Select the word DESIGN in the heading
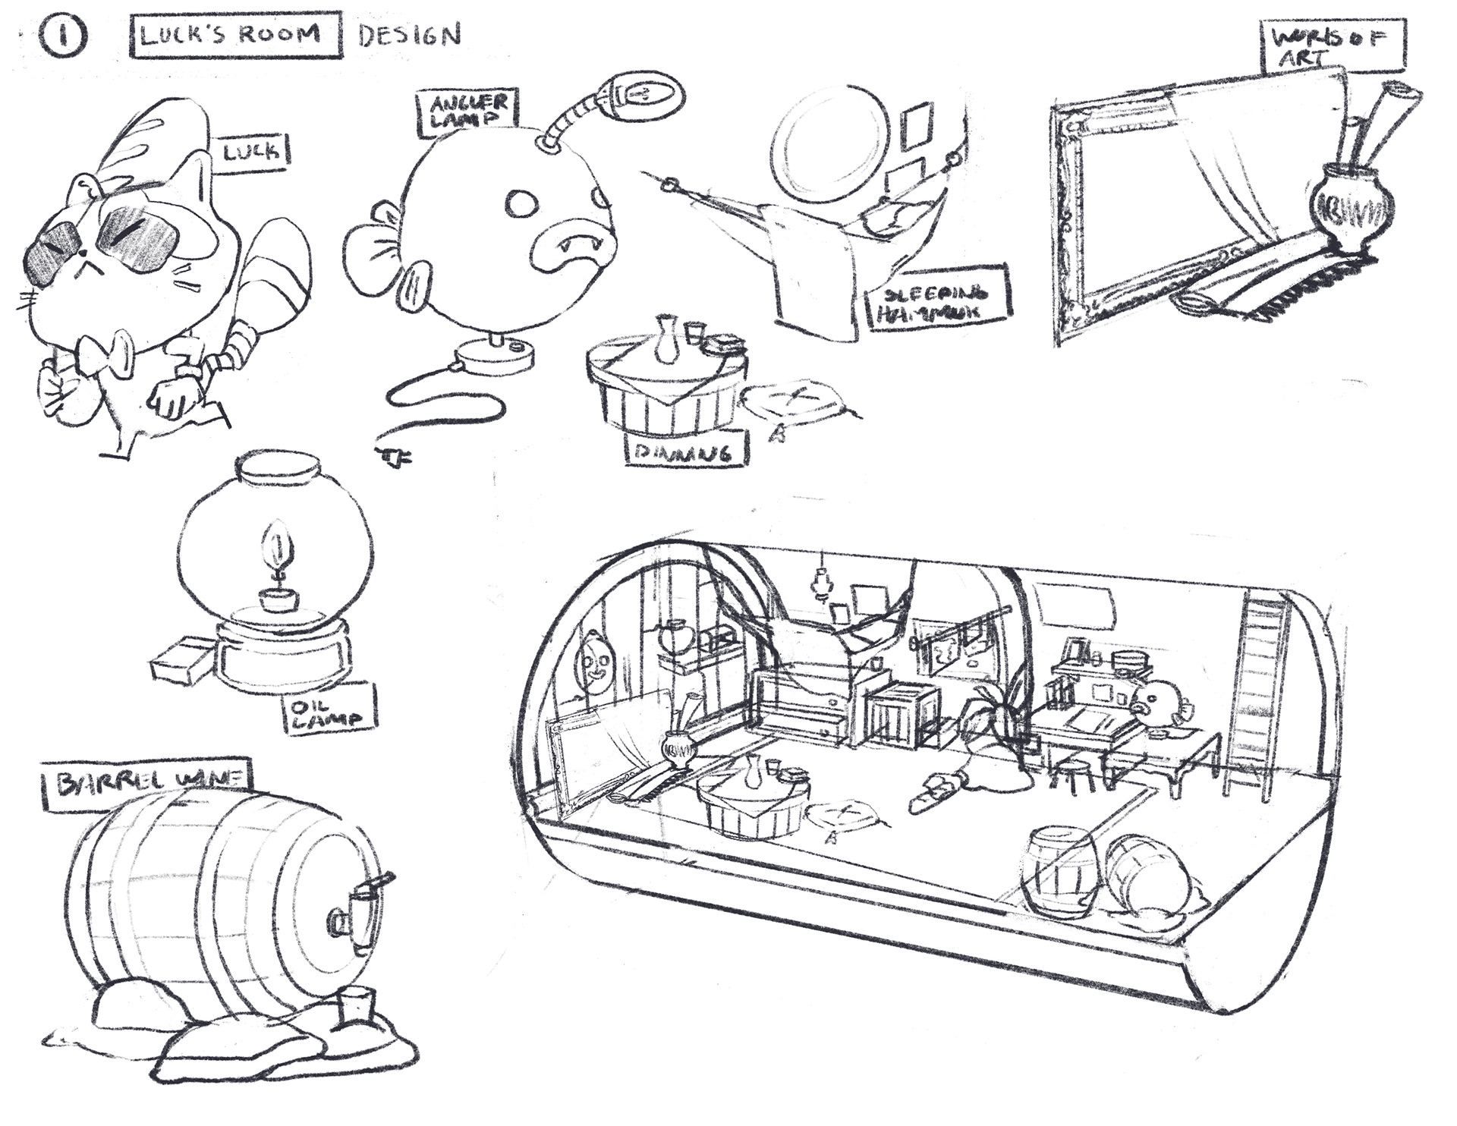pos(409,35)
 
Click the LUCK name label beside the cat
pos(250,151)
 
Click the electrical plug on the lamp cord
pos(392,455)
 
